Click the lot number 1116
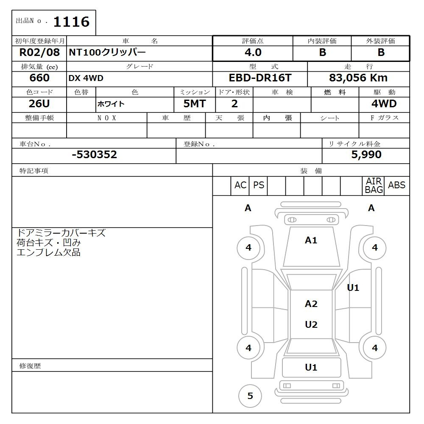tap(71, 22)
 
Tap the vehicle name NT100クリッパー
tap(107, 53)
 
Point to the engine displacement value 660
tap(39, 78)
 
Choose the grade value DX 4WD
tap(86, 78)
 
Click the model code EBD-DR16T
tap(260, 78)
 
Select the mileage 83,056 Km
tap(358, 78)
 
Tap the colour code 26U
tap(39, 104)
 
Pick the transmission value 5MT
tap(195, 104)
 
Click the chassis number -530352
tap(94, 155)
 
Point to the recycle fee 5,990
tap(366, 155)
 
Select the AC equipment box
tap(240, 186)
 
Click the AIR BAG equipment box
tap(374, 186)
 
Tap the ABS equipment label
tap(397, 185)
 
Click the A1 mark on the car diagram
tap(311, 240)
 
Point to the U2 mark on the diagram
tap(311, 325)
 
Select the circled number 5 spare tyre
tap(250, 396)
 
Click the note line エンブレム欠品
tap(48, 253)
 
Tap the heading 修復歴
tap(30, 366)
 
